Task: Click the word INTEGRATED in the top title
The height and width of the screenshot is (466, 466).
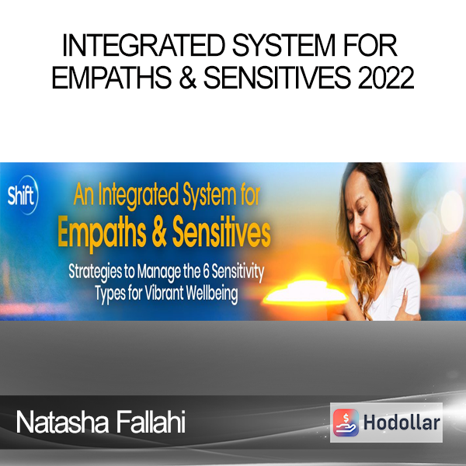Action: [144, 45]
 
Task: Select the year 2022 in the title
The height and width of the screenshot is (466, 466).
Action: [386, 78]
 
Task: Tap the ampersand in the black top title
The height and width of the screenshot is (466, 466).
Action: [188, 78]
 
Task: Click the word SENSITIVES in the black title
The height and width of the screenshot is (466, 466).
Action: [277, 78]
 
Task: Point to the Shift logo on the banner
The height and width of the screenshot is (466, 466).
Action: [23, 195]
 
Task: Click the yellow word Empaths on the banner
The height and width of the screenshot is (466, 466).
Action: [102, 234]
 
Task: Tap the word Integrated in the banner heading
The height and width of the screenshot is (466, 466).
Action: [138, 196]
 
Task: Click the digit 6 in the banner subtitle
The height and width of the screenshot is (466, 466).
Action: [207, 272]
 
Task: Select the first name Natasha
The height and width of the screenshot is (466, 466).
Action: [62, 422]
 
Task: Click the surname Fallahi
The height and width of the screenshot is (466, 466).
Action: [151, 422]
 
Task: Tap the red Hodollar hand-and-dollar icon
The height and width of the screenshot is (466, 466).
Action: [346, 423]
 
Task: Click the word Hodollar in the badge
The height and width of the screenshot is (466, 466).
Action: [402, 423]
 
